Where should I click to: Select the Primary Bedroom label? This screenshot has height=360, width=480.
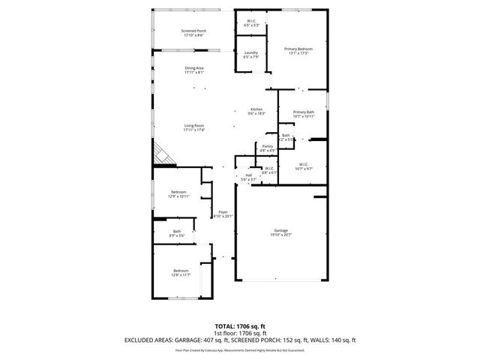click(x=298, y=49)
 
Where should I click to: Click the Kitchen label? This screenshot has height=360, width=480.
click(x=256, y=109)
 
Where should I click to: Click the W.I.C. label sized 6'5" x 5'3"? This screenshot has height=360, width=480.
click(x=251, y=22)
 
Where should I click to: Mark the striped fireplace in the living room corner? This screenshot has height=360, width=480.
click(x=162, y=156)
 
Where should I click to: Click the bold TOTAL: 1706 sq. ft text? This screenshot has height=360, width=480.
click(x=239, y=326)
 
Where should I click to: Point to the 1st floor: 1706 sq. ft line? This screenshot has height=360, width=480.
click(x=239, y=333)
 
